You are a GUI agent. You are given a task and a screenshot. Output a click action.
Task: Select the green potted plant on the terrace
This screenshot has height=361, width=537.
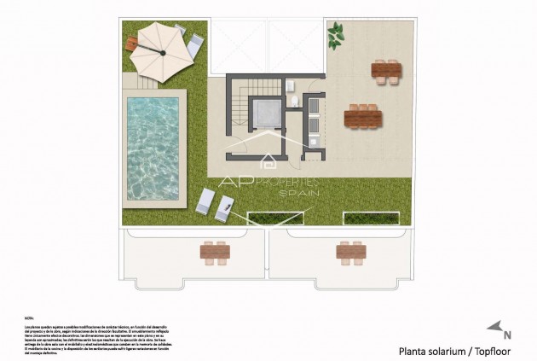click(x=337, y=33)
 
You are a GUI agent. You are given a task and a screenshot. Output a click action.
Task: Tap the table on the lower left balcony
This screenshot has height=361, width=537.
click(x=215, y=251)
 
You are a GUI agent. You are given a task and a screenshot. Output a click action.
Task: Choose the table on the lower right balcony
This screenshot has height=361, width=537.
click(x=349, y=251)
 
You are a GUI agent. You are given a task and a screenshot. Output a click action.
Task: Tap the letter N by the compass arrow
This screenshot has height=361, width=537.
click(x=508, y=335)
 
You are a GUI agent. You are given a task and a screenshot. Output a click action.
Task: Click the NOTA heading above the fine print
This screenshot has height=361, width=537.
click(x=30, y=316)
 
